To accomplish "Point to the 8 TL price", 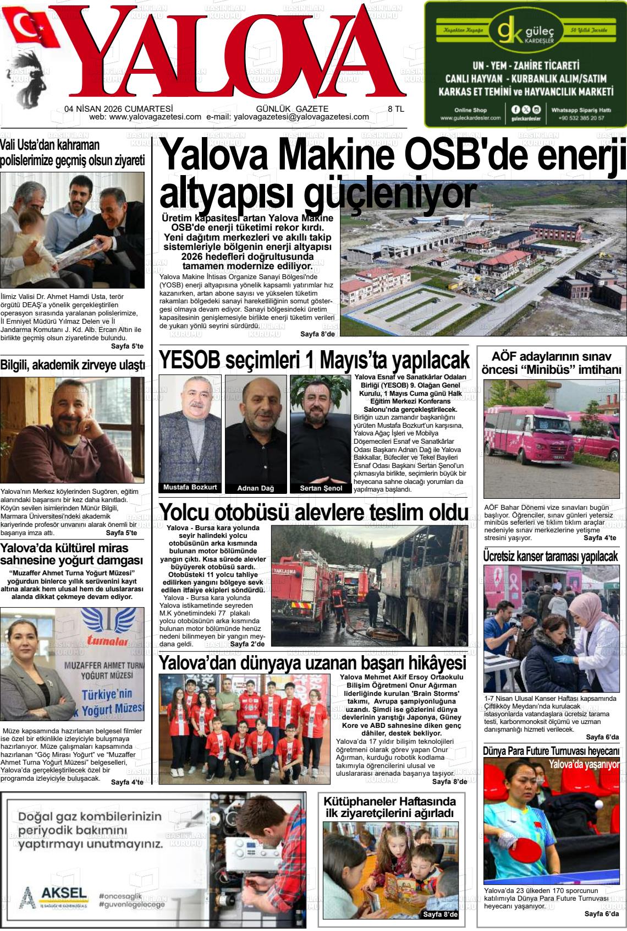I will (x=396, y=109).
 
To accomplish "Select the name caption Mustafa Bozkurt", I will (x=190, y=487).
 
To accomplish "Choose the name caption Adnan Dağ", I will (x=255, y=488).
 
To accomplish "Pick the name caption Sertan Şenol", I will (x=321, y=488).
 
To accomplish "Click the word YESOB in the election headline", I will (x=190, y=361).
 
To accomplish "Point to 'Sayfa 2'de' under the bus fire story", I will (x=248, y=644).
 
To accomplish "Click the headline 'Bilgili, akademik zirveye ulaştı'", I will (x=73, y=365).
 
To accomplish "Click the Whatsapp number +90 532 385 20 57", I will (x=581, y=118).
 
